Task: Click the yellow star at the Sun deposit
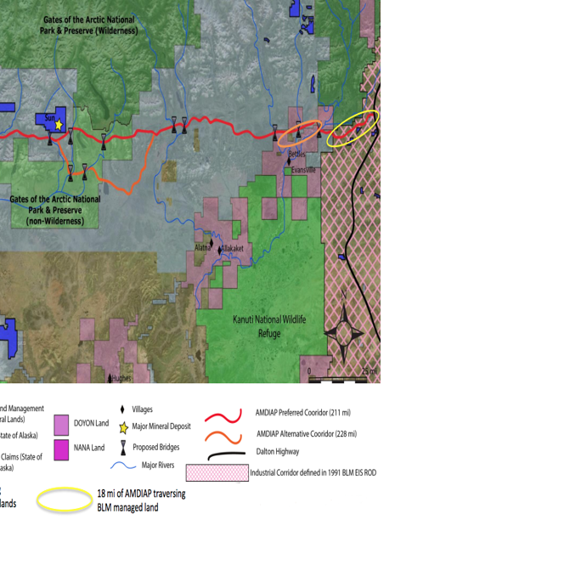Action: (59, 125)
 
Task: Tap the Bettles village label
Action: (296, 155)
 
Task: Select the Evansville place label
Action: (303, 170)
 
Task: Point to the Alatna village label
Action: (202, 247)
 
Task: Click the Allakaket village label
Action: (233, 249)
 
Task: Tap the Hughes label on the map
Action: (121, 378)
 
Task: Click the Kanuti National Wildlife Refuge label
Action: (269, 326)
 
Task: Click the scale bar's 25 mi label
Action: (369, 372)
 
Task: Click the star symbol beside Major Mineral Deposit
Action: (124, 427)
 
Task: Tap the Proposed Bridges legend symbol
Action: (124, 447)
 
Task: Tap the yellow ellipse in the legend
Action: (64, 500)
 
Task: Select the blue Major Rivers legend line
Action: (124, 465)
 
